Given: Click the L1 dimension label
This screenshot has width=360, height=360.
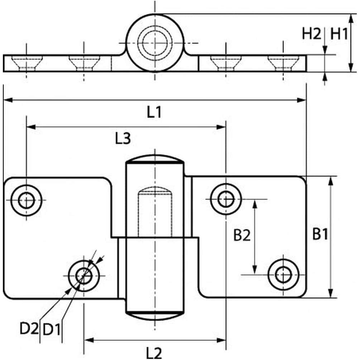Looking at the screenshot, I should (154, 113).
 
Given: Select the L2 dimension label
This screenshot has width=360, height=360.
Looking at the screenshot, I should (154, 353).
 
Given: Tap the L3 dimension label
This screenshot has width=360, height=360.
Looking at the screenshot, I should (123, 139).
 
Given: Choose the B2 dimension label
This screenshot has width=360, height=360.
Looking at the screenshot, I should (242, 235).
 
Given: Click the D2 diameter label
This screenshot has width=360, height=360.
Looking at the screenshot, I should (29, 329).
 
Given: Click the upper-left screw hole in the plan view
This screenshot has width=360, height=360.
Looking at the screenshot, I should (26, 200).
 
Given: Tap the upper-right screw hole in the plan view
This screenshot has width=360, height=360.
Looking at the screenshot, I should (226, 198).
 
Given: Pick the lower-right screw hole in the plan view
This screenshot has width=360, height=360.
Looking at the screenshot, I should (284, 275).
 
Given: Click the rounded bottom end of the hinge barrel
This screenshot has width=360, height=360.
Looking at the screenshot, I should (155, 316).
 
